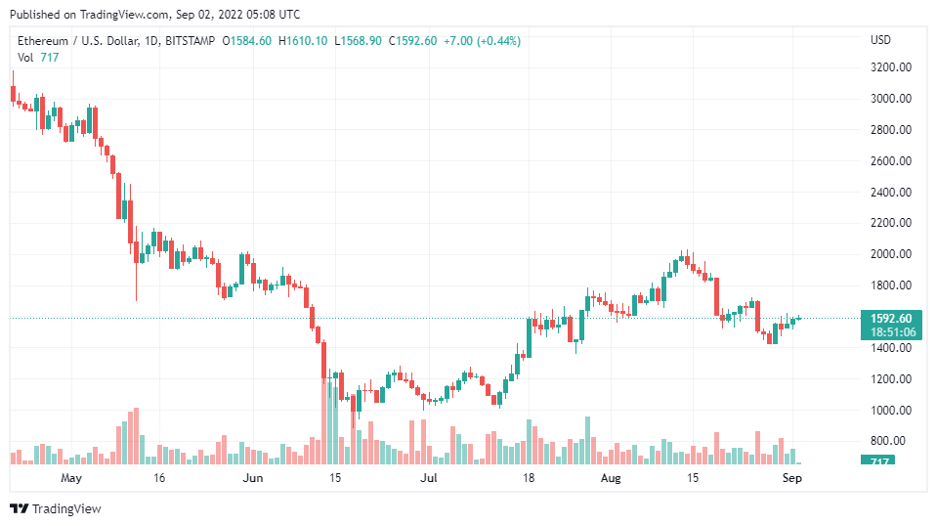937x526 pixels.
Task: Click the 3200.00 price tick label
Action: click(x=891, y=67)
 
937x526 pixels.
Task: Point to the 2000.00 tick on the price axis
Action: click(x=891, y=254)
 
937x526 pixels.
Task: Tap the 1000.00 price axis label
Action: click(x=891, y=410)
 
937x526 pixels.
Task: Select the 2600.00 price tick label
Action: click(x=891, y=161)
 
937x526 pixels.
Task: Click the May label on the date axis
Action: click(x=71, y=478)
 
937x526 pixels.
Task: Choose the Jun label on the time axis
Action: click(x=253, y=478)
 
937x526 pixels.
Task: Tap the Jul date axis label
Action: click(x=428, y=478)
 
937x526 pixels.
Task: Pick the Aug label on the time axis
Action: click(x=611, y=478)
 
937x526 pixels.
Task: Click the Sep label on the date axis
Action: click(x=793, y=478)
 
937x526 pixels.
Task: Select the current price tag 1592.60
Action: click(x=890, y=318)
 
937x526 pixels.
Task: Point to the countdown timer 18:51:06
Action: click(x=890, y=332)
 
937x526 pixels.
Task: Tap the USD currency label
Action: click(x=880, y=40)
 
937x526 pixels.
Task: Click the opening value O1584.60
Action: click(x=248, y=41)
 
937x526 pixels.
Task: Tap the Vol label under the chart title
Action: click(x=25, y=57)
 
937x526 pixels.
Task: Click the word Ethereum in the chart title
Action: click(x=45, y=41)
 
